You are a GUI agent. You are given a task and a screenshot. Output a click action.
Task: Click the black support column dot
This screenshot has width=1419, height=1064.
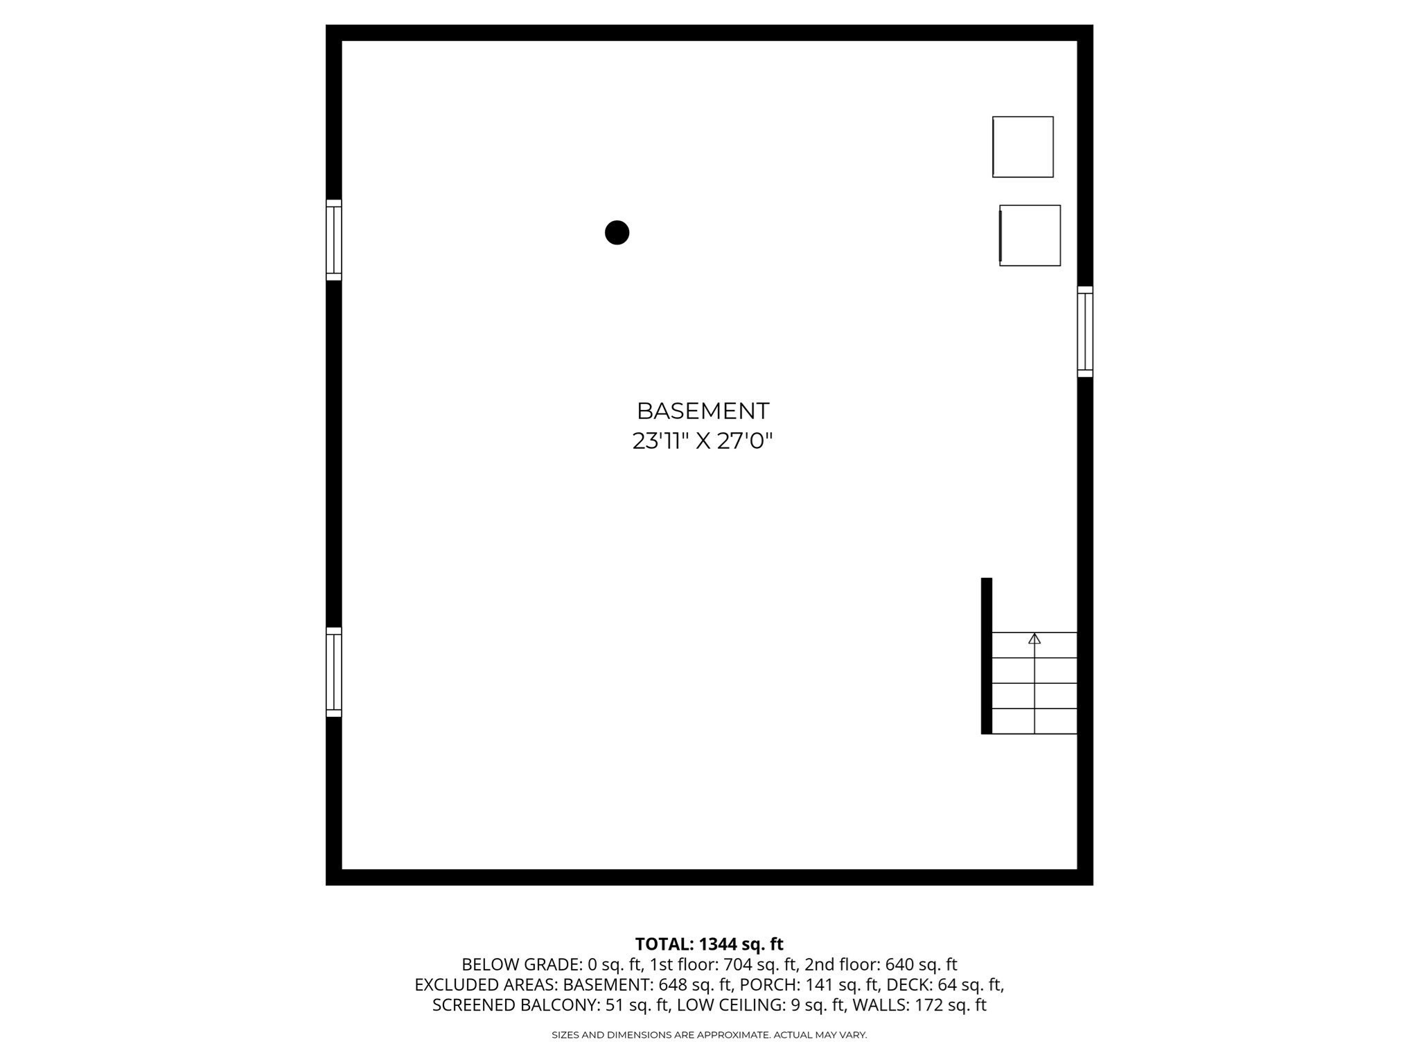click(x=617, y=233)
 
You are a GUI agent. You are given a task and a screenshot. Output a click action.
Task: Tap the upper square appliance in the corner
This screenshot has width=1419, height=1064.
click(x=1023, y=147)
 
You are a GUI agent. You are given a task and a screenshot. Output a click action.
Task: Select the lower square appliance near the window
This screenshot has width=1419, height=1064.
click(x=1030, y=236)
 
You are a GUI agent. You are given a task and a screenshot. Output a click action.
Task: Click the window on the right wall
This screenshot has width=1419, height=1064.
click(x=1085, y=332)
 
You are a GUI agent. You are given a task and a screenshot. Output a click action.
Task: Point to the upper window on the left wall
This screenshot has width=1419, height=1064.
click(x=334, y=240)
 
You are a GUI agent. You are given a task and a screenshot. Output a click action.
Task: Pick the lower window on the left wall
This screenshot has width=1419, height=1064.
click(x=334, y=672)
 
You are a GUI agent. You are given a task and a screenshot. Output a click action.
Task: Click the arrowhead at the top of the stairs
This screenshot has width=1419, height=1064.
click(x=1034, y=638)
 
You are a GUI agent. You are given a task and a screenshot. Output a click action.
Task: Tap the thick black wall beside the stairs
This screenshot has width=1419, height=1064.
click(x=987, y=655)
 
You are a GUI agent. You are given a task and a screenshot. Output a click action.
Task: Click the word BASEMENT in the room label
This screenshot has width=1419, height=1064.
click(x=703, y=411)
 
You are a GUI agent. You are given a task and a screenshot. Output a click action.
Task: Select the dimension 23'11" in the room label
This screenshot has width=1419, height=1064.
click(x=658, y=441)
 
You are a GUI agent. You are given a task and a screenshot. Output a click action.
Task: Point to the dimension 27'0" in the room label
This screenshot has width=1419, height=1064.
click(x=745, y=441)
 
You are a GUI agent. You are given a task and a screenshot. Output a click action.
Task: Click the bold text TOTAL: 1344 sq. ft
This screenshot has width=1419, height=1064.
click(x=709, y=944)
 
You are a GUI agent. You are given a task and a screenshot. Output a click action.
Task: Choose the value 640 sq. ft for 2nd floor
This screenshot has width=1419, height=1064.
click(x=921, y=964)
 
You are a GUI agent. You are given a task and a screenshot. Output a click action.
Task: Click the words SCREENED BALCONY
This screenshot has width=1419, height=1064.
click(x=512, y=1005)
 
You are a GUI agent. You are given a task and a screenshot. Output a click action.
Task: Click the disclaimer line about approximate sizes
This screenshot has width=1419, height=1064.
click(x=709, y=1035)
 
